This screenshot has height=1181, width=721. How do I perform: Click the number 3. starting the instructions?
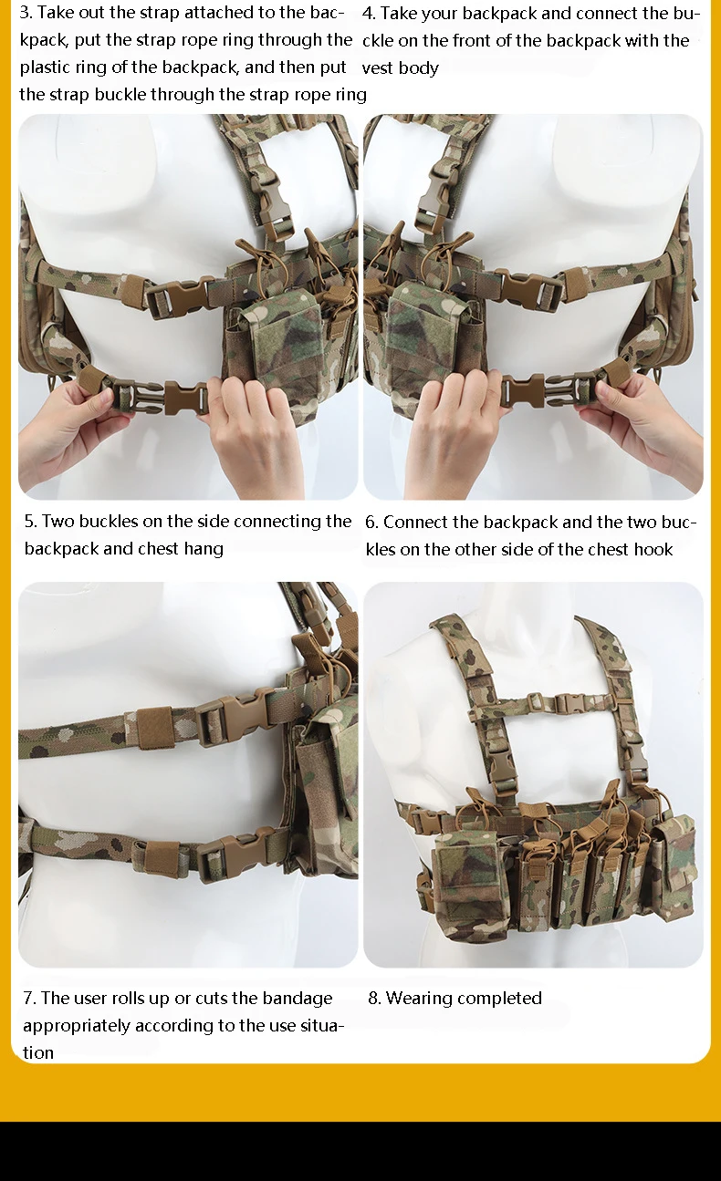pos(26,13)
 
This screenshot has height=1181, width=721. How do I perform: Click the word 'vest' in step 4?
pos(378,68)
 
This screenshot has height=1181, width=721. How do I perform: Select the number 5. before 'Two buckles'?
pos(31,522)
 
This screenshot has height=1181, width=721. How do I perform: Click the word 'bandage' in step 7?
pos(298,999)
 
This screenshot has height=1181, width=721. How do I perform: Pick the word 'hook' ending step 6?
pos(653,549)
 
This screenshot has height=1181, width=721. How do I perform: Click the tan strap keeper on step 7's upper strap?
pos(154,728)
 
